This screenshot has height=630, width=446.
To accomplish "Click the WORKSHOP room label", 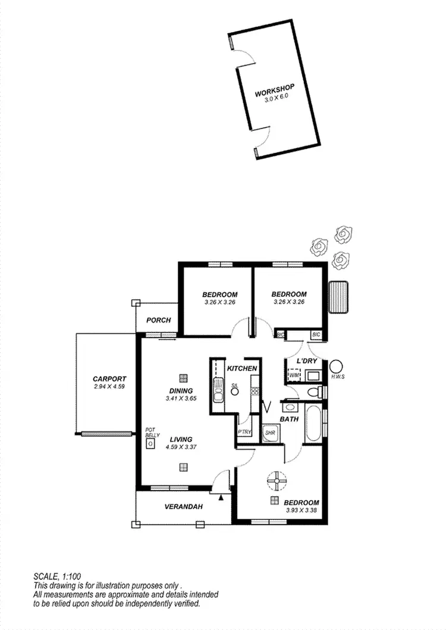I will (x=275, y=93).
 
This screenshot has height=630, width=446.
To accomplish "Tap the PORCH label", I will (x=159, y=320).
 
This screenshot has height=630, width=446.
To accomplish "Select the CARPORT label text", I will (x=109, y=378).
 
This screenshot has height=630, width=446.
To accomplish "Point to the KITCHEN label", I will (x=242, y=368).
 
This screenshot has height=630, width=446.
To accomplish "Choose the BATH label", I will (x=289, y=419).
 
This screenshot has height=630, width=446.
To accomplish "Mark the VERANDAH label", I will (x=184, y=507).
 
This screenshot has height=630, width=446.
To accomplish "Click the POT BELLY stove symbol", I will (x=152, y=443).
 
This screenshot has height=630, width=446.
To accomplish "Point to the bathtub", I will (x=313, y=424).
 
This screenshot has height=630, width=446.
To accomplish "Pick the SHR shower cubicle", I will (x=271, y=432).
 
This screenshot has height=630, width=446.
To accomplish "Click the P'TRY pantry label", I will (x=244, y=432).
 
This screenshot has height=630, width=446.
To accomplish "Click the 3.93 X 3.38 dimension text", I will (x=301, y=510).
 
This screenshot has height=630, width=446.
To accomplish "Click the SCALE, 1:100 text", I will (x=56, y=576).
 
